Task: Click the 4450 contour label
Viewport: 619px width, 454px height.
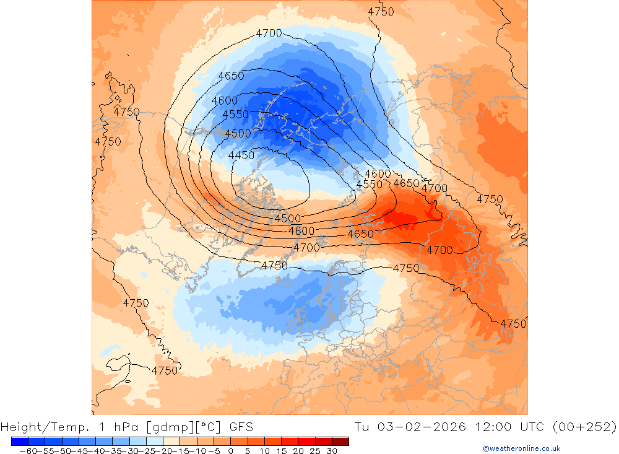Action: [x=241, y=155]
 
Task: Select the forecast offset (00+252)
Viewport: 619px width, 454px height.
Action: [x=586, y=427]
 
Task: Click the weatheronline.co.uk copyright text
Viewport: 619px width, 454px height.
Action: [x=521, y=448]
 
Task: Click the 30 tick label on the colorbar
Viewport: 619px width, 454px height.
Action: [x=331, y=451]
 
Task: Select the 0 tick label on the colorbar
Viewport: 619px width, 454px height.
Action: [x=230, y=451]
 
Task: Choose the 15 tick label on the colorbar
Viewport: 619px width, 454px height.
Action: [x=280, y=451]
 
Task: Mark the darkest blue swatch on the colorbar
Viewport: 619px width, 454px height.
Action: [x=19, y=441]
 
